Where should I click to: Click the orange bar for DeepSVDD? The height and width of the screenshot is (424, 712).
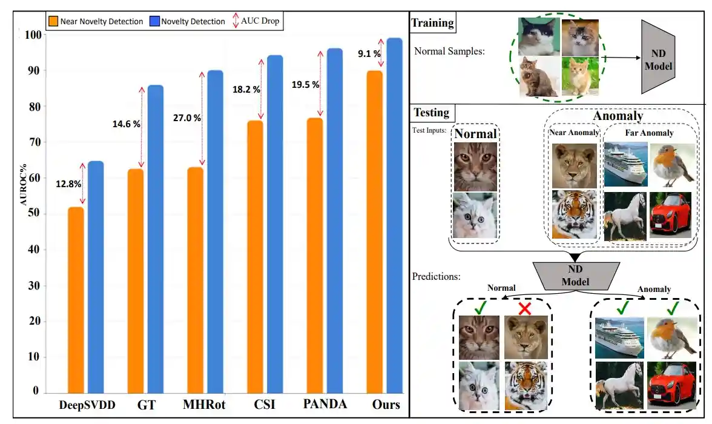pyautogui.click(x=76, y=300)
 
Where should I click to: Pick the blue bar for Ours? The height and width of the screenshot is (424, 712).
pyautogui.click(x=394, y=215)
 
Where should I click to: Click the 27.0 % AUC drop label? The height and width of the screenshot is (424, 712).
pyautogui.click(x=186, y=118)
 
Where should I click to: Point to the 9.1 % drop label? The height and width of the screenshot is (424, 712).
pyautogui.click(x=369, y=54)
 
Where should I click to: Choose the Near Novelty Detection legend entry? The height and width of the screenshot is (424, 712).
pyautogui.click(x=97, y=22)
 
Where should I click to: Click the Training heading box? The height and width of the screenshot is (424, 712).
pyautogui.click(x=432, y=24)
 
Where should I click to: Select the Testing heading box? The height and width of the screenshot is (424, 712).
pyautogui.click(x=431, y=113)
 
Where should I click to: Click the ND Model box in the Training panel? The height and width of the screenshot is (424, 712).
pyautogui.click(x=658, y=57)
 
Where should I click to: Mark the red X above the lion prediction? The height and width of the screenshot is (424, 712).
pyautogui.click(x=524, y=308)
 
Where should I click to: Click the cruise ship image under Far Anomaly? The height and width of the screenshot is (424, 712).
pyautogui.click(x=625, y=165)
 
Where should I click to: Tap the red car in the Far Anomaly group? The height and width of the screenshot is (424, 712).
pyautogui.click(x=670, y=215)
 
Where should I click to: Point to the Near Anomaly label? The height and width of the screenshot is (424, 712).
pyautogui.click(x=574, y=133)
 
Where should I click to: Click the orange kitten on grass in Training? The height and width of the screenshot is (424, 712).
pyautogui.click(x=579, y=78)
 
